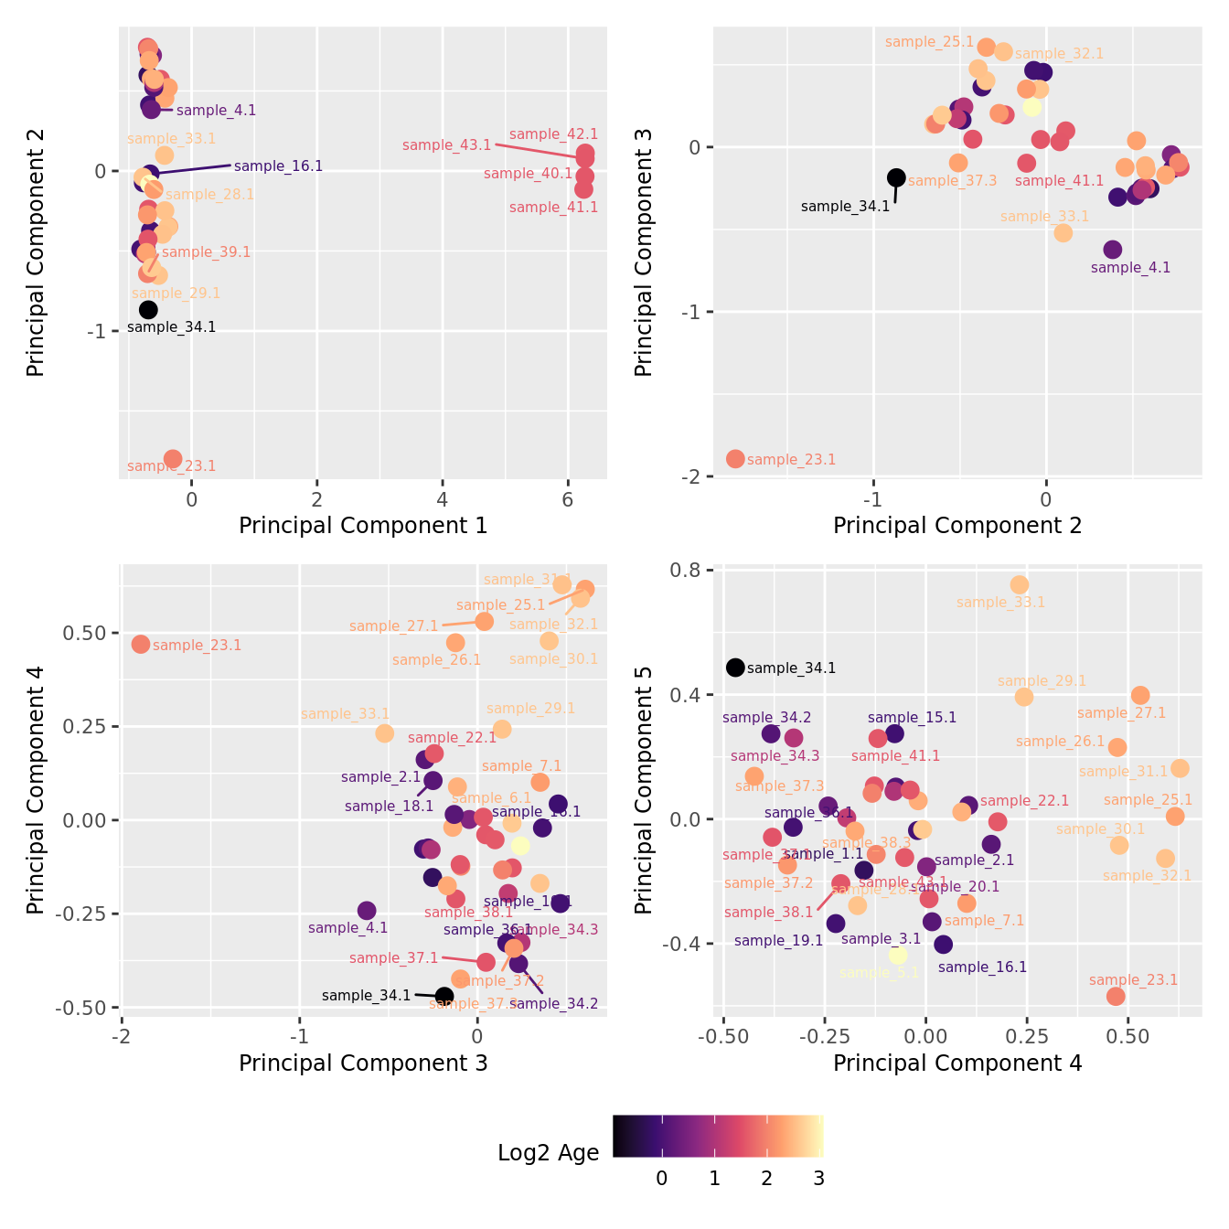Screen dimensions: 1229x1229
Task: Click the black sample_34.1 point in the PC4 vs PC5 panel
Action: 735,668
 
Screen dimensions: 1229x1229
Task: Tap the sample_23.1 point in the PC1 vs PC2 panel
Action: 173,459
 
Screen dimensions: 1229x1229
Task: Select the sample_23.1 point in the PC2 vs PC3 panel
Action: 735,459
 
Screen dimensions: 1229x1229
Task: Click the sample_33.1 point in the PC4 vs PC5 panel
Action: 1020,585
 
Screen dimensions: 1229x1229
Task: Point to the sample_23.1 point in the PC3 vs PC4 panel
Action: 141,645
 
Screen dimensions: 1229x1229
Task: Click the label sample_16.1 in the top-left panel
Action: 278,166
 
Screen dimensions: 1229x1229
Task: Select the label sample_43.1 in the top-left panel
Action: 446,145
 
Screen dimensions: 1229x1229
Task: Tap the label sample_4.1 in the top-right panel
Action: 1130,268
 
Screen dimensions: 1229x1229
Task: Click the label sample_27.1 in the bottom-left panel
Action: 393,626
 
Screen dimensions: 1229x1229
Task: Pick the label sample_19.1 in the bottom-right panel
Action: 778,940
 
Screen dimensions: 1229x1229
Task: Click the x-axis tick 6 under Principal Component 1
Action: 568,500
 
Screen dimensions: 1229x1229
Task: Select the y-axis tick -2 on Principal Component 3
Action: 692,476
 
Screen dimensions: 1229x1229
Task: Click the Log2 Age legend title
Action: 548,1153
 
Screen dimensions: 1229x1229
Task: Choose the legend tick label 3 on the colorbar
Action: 818,1179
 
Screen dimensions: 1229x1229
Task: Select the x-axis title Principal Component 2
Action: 956,526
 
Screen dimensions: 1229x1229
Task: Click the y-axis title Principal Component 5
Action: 644,790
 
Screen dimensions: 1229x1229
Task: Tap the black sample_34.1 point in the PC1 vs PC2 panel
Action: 148,310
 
